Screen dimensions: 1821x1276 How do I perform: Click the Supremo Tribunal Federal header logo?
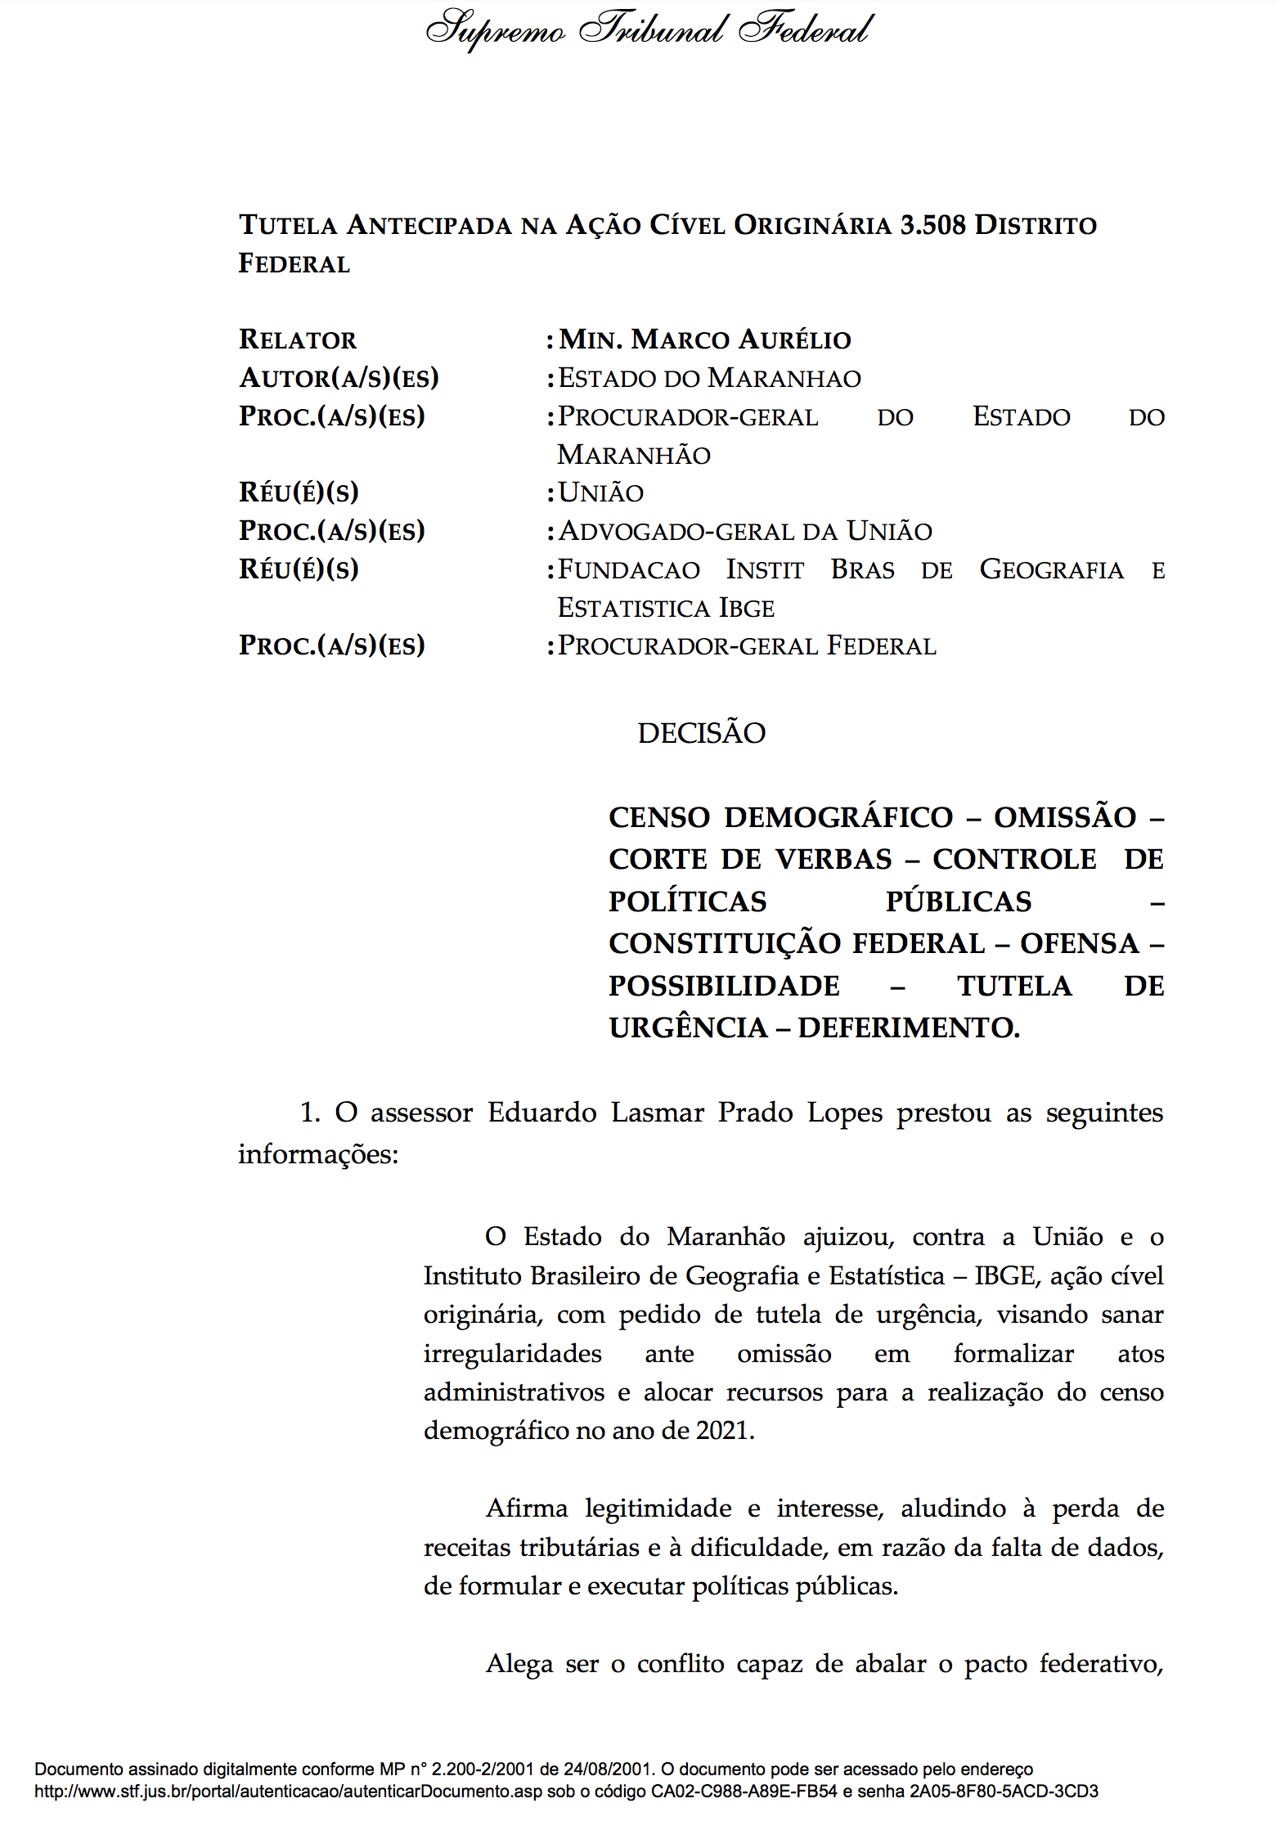point(649,31)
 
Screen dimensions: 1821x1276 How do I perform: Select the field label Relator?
point(298,339)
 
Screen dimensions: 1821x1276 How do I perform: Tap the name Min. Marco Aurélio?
point(705,339)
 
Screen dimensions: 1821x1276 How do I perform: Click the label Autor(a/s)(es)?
point(339,378)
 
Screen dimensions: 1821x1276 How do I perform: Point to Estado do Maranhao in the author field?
point(709,378)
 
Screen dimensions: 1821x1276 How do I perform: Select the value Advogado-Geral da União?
point(745,531)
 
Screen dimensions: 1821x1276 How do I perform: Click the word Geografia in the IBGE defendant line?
point(1051,569)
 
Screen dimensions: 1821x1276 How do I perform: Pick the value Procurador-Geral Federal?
point(747,645)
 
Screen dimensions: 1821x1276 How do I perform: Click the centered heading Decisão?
point(701,733)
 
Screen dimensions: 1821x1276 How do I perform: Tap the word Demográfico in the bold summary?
point(838,817)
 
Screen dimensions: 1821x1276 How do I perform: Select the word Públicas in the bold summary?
point(959,902)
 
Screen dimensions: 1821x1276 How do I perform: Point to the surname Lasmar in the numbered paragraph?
point(658,1113)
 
